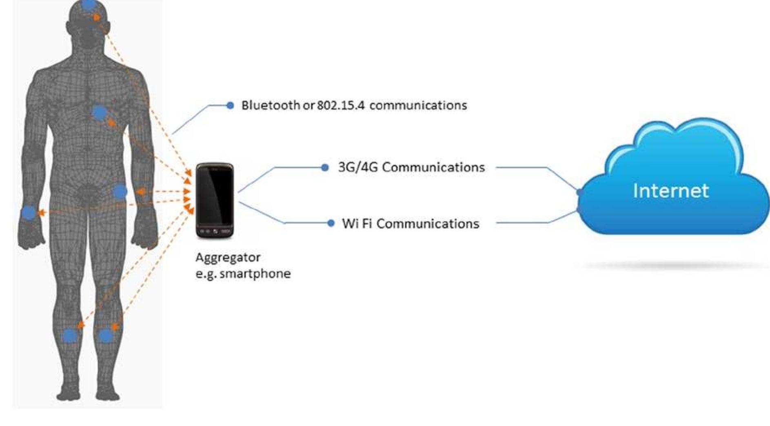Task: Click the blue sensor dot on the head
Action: (x=89, y=5)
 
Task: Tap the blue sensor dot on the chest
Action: (x=99, y=113)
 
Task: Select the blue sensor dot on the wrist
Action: (x=29, y=212)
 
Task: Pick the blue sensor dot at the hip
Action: (x=120, y=191)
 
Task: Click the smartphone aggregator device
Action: (x=215, y=200)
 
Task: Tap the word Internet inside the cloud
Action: (x=670, y=191)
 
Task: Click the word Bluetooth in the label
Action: (x=270, y=105)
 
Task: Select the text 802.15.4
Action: (x=341, y=105)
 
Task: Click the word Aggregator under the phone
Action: (x=228, y=257)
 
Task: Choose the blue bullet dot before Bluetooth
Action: (x=230, y=106)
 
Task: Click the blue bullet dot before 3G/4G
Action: (x=325, y=167)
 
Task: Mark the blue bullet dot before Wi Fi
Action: (x=331, y=223)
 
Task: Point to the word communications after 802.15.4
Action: (x=418, y=105)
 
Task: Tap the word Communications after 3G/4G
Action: (x=433, y=167)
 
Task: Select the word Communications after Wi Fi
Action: (x=428, y=223)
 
